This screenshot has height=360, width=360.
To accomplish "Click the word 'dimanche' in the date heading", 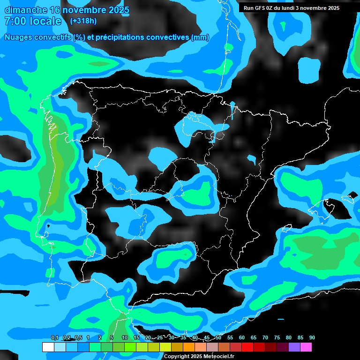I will (x=26, y=9).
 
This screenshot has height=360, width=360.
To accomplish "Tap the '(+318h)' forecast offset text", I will (x=83, y=21).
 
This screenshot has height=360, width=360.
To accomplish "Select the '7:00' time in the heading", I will (x=14, y=21).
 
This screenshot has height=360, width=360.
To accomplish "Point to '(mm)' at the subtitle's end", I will (x=200, y=37).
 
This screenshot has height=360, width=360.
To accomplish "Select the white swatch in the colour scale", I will (x=48, y=347).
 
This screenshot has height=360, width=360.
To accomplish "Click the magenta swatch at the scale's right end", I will (x=306, y=347).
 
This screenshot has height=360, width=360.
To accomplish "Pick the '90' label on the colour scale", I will (x=312, y=337).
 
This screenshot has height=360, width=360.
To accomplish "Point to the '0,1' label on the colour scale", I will (x=55, y=337).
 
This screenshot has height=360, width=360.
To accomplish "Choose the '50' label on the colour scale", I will (x=218, y=337).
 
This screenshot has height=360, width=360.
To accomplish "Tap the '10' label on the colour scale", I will (x=125, y=337).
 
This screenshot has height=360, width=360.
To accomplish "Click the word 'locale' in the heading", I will (x=45, y=21).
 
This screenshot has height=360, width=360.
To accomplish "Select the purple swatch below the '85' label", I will (x=294, y=347).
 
